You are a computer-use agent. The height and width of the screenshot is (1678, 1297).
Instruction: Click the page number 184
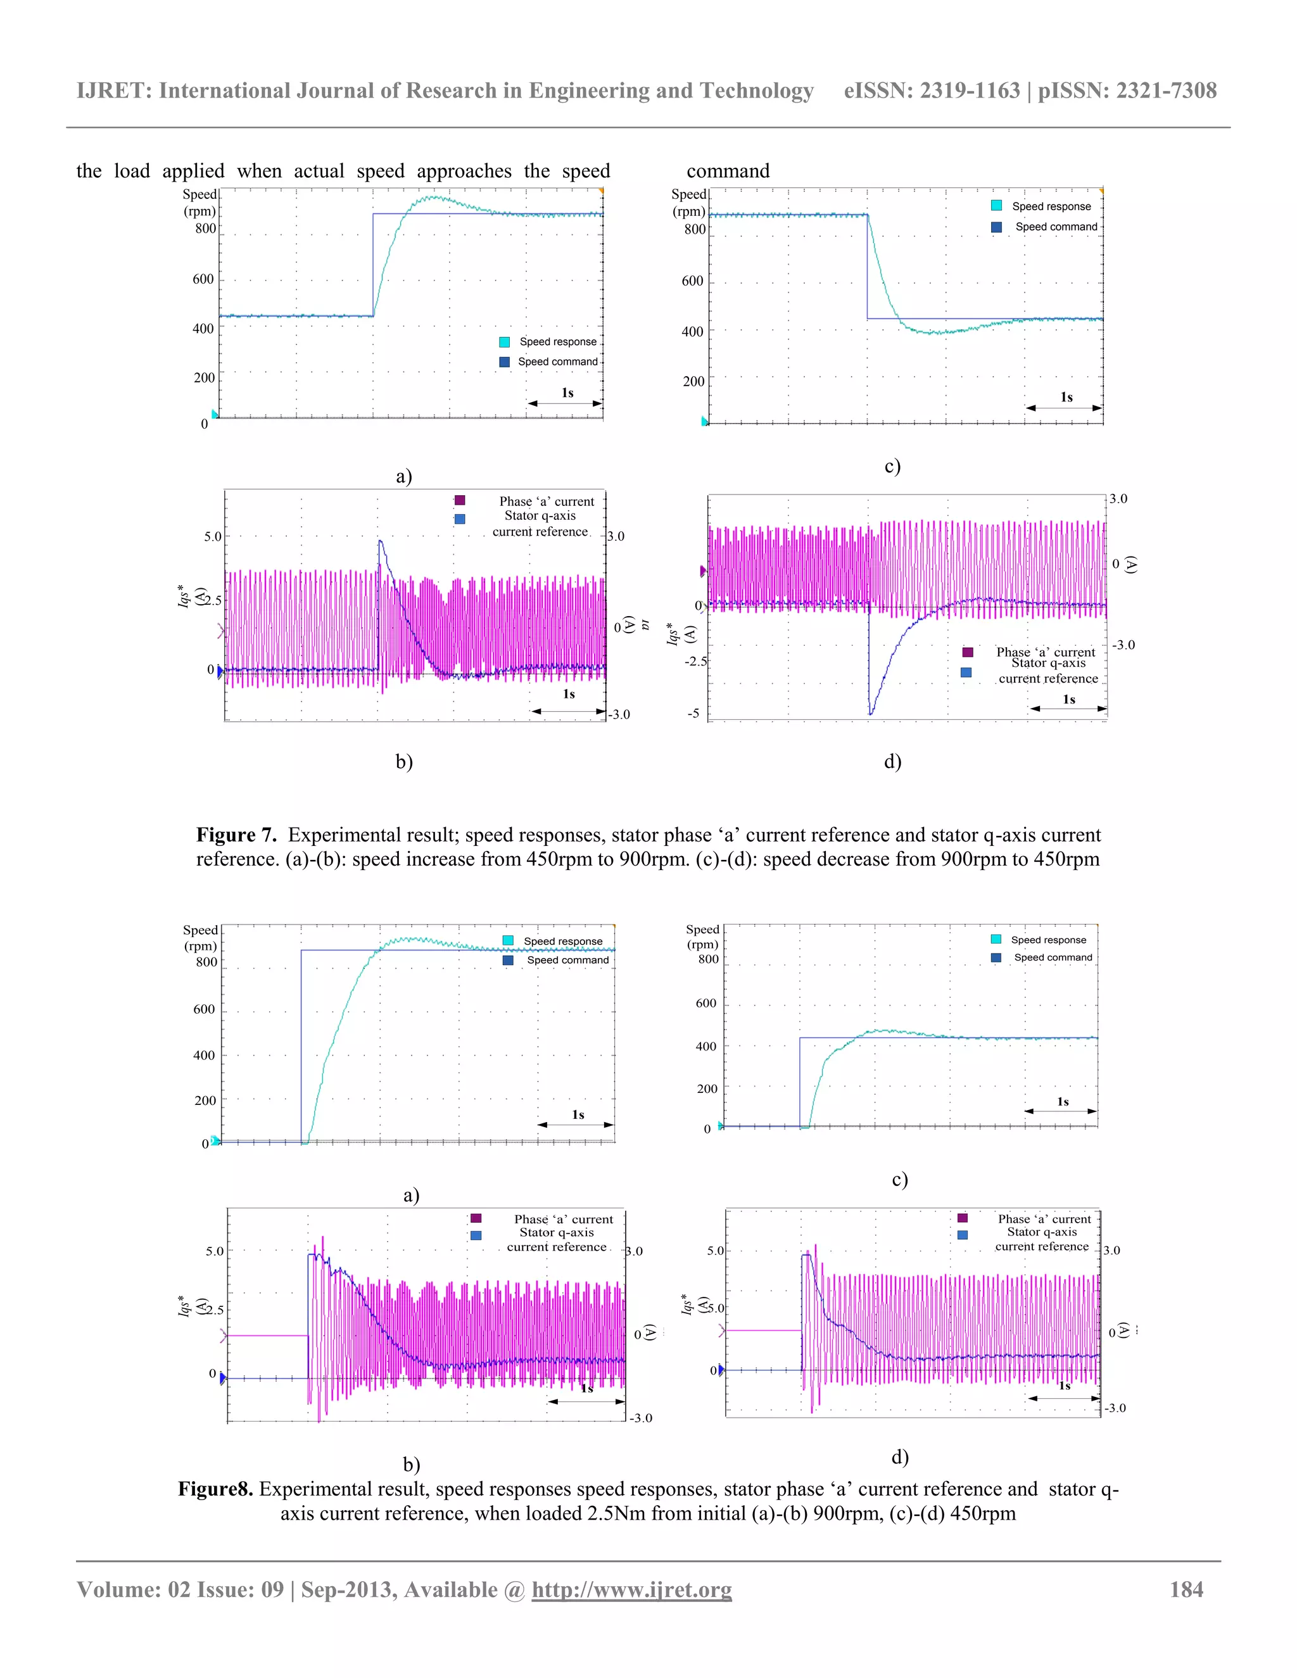[x=1186, y=1589]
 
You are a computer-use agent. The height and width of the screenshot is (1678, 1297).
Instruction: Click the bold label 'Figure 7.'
[x=236, y=835]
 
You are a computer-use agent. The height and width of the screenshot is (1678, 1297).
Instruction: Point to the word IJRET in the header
[x=112, y=91]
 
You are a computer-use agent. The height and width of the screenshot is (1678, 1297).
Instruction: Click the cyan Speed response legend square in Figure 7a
[x=504, y=342]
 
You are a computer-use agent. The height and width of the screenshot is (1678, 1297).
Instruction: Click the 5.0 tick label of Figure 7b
[x=213, y=536]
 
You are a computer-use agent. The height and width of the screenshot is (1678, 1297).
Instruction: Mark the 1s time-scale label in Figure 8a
[x=578, y=1114]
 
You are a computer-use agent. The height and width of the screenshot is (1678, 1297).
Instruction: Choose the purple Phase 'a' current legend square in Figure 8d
[x=962, y=1218]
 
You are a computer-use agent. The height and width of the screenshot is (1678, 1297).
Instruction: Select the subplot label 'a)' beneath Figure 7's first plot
[x=404, y=476]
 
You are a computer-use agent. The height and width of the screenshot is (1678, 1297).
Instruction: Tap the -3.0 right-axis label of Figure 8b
[x=641, y=1418]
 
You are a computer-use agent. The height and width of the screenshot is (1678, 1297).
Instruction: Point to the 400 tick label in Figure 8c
[x=705, y=1045]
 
